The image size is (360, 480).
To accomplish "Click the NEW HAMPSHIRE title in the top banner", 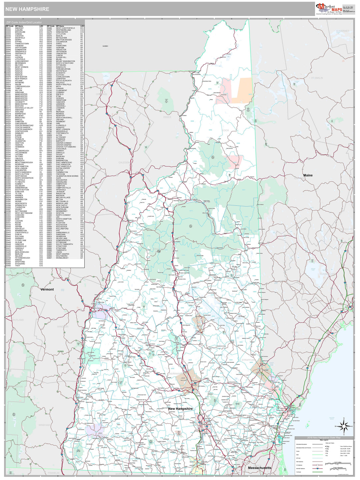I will pyautogui.click(x=27, y=9).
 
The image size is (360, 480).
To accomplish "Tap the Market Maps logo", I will pyautogui.click(x=329, y=9).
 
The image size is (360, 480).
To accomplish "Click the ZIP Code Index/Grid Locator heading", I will pyautogui.click(x=24, y=22).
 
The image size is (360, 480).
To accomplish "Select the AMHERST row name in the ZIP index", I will pyautogui.click(x=20, y=28).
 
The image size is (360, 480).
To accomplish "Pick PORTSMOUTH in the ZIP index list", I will pyautogui.click(x=62, y=133).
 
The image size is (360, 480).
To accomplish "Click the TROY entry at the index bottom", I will pyautogui.click(x=17, y=266).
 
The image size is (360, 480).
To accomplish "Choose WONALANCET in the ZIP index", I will pyautogui.click(x=62, y=258).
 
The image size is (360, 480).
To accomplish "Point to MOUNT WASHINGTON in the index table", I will pyautogui.click(x=65, y=61).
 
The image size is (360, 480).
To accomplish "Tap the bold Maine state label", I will pyautogui.click(x=308, y=175).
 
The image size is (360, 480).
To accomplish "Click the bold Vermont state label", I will pyautogui.click(x=47, y=289).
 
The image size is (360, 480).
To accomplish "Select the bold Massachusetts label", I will pyautogui.click(x=259, y=468).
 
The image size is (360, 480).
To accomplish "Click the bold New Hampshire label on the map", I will pyautogui.click(x=180, y=409).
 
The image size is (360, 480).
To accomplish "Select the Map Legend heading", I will pyautogui.click(x=324, y=440).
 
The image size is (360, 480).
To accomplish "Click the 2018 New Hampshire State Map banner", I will pyautogui.click(x=324, y=438).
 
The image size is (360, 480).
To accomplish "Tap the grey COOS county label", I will pyautogui.click(x=225, y=130).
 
